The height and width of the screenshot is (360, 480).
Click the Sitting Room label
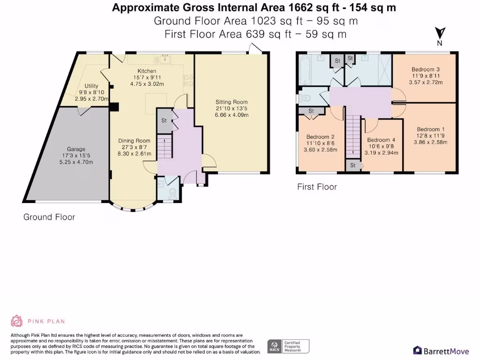click(x=232, y=102)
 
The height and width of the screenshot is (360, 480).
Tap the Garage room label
click(x=76, y=149)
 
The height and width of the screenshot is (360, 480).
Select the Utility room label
click(x=91, y=86)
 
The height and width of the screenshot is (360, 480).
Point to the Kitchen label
click(x=147, y=71)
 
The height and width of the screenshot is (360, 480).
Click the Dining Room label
click(x=135, y=141)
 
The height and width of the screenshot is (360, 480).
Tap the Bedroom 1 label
click(x=430, y=129)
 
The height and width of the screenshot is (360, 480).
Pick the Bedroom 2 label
click(x=320, y=137)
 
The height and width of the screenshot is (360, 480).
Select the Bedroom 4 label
click(x=381, y=140)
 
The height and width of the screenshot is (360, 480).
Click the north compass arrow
click(x=440, y=33)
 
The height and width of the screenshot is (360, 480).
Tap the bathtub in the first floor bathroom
click(x=304, y=70)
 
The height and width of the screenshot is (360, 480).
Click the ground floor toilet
click(x=172, y=194)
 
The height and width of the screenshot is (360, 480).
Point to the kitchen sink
click(x=165, y=59)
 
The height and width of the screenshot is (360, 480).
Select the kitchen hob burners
click(x=188, y=80)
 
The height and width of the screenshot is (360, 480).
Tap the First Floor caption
click(x=317, y=187)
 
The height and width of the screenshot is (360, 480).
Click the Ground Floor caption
click(x=49, y=217)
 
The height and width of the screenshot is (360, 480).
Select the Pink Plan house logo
click(x=16, y=321)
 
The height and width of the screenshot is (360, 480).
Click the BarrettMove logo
click(x=441, y=351)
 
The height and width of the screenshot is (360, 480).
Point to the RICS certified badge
click(x=288, y=346)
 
